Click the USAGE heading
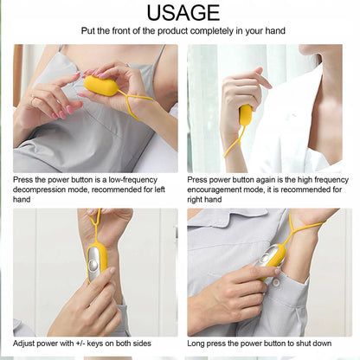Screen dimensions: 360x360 click(183, 13)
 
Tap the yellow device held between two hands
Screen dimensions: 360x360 click(101, 86)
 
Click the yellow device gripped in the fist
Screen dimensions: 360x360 click(245, 115)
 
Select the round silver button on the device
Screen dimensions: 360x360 click(93, 264)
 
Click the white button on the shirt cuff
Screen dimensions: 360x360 click(276, 283)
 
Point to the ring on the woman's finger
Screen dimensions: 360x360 click(33, 101)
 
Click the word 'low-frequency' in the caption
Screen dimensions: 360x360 click(133, 180)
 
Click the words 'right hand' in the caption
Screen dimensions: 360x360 click(204, 200)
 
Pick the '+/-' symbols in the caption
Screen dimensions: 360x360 click(80, 344)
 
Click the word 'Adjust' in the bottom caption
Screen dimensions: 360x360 click(22, 344)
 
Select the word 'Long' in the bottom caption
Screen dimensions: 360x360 click(196, 344)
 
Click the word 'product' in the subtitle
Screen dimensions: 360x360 click(172, 31)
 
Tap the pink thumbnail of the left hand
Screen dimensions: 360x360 click(70, 109)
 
